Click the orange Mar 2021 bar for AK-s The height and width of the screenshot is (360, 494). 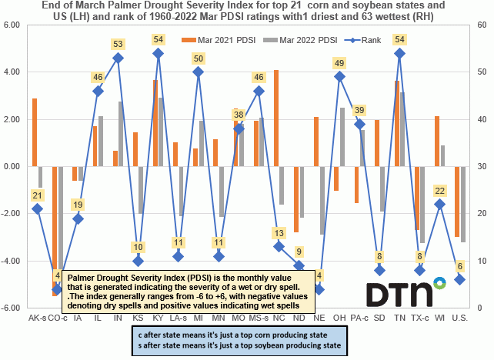click(34, 132)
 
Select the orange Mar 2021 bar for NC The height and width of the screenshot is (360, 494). click(276, 118)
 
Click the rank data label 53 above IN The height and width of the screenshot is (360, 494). click(118, 44)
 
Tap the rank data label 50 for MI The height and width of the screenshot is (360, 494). click(198, 58)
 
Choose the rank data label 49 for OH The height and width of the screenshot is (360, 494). click(339, 63)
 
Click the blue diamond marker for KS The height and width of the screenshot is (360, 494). click(138, 261)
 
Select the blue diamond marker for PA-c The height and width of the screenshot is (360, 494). click(359, 124)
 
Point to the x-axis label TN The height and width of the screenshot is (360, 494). click(400, 317)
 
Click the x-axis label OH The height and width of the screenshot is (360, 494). click(339, 317)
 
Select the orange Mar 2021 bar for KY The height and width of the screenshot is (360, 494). click(155, 123)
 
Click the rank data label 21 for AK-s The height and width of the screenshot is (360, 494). click(37, 195)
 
